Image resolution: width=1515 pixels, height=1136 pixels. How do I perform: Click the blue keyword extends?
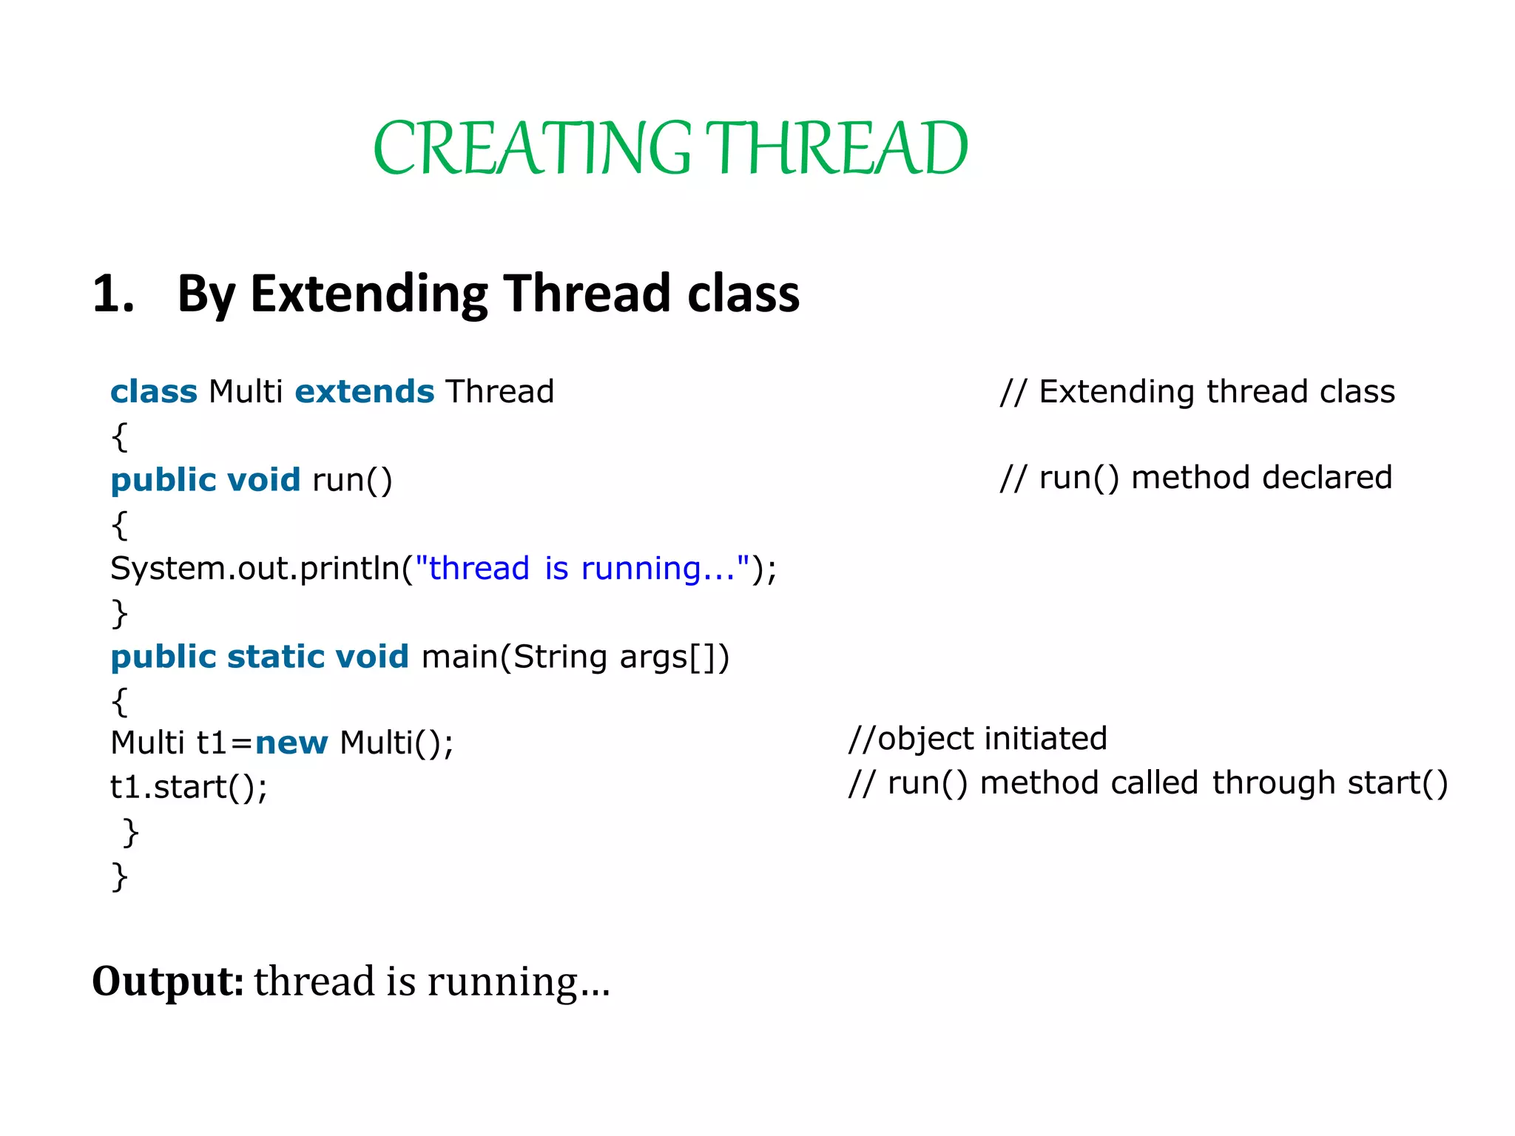click(x=364, y=391)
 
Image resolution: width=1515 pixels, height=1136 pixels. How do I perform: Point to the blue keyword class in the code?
click(x=154, y=391)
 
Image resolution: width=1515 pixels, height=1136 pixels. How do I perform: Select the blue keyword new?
click(x=291, y=743)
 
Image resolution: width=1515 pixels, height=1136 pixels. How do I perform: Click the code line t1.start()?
click(x=189, y=787)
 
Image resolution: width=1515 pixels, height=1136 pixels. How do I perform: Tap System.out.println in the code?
click(x=255, y=569)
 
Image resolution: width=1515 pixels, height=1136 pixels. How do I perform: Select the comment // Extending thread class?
click(x=1197, y=391)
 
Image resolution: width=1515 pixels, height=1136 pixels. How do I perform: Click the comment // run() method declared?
click(x=1195, y=478)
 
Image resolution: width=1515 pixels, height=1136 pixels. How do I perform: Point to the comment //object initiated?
click(x=977, y=739)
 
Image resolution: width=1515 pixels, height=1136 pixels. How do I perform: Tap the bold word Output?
click(x=167, y=981)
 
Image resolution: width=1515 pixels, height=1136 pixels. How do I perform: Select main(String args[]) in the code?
click(x=575, y=657)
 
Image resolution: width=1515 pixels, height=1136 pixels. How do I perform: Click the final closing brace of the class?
click(x=119, y=876)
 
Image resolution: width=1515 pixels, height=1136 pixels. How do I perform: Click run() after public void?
click(x=352, y=480)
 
